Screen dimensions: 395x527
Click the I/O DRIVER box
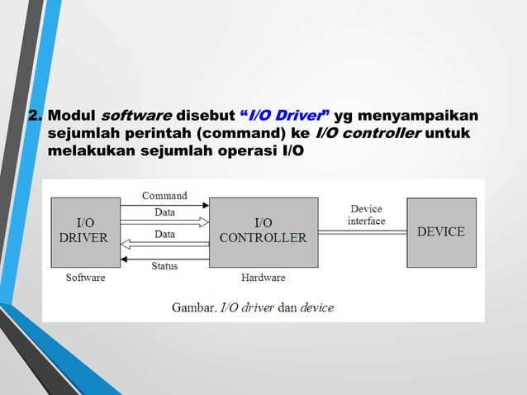(x=86, y=231)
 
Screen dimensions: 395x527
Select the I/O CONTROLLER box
(x=263, y=231)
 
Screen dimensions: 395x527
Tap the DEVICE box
(x=440, y=232)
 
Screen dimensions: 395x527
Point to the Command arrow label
(x=164, y=196)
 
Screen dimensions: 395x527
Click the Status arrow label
(x=164, y=265)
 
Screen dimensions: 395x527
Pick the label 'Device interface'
(x=366, y=215)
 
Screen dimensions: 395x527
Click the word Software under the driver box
(x=86, y=278)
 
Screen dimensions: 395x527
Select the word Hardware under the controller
(x=263, y=278)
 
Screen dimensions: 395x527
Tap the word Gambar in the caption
(x=193, y=307)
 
